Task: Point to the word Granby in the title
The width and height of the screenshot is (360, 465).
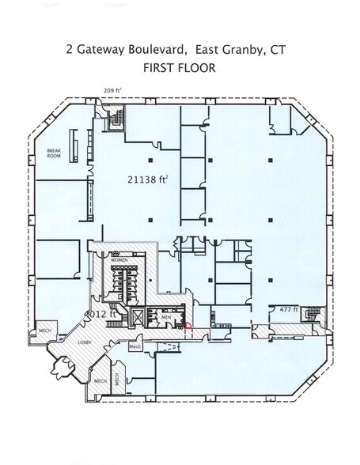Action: click(x=242, y=49)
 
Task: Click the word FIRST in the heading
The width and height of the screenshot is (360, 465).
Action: click(x=157, y=68)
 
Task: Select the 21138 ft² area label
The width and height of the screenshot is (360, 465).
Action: click(x=148, y=180)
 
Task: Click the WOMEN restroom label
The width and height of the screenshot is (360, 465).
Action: click(x=120, y=259)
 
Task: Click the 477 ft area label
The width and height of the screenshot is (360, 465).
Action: click(x=287, y=310)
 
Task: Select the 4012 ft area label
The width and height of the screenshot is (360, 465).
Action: click(x=104, y=313)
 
